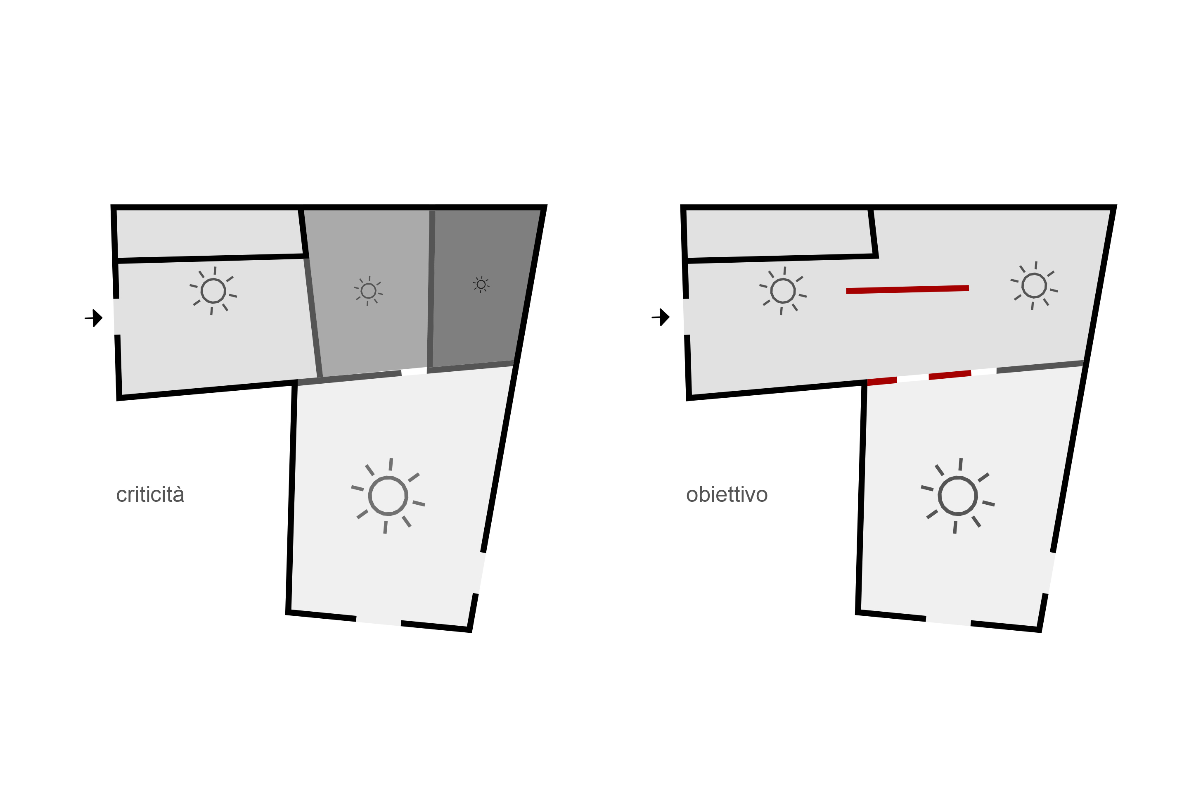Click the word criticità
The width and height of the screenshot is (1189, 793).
point(150,495)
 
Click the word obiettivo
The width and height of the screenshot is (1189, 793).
point(727,495)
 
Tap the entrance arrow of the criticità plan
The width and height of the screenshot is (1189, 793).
point(95,318)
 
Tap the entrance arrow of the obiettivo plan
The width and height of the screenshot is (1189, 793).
point(662,317)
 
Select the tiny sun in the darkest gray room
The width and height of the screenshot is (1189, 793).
point(481,285)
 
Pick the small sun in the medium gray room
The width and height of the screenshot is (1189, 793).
point(368,291)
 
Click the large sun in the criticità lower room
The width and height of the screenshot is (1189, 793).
point(388,496)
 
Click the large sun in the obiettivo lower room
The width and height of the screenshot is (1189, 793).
point(957,496)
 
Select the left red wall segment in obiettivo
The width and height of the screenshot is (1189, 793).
point(882,381)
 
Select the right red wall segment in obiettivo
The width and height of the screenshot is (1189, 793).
point(950,375)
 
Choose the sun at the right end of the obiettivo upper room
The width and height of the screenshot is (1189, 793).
point(1034,286)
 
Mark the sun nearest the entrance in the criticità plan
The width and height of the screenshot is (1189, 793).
point(213,291)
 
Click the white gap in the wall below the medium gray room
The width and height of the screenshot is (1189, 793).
point(414,372)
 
